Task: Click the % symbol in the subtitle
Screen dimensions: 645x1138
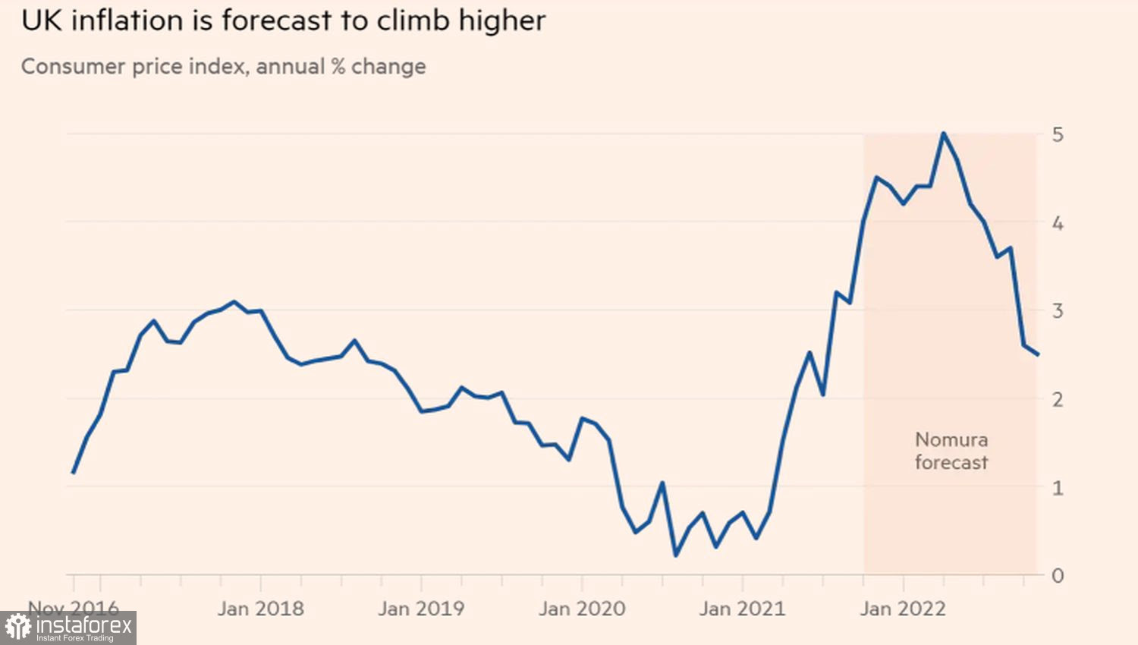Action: tap(338, 66)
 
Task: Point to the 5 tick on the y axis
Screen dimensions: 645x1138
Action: tap(1058, 135)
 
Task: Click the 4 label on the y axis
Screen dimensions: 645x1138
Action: tap(1058, 223)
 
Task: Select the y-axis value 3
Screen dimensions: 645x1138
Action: tap(1058, 310)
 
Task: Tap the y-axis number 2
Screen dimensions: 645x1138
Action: tap(1058, 399)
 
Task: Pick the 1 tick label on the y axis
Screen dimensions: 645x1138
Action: tap(1058, 487)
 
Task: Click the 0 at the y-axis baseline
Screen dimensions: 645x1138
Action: tap(1058, 576)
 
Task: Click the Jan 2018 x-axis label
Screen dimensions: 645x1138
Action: tap(260, 609)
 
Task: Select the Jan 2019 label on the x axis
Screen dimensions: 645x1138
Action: tap(421, 609)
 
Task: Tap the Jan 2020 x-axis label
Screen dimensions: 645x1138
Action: tap(582, 609)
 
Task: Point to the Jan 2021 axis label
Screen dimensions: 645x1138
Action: tap(742, 609)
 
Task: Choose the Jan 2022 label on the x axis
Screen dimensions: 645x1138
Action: tap(903, 609)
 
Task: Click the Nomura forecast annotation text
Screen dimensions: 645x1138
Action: tap(951, 451)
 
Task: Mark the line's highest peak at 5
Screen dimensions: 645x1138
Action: tap(943, 134)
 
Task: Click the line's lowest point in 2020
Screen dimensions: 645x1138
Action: tap(676, 555)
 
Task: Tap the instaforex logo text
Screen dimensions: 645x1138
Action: tap(83, 627)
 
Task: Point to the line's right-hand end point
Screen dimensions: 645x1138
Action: tap(1037, 354)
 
